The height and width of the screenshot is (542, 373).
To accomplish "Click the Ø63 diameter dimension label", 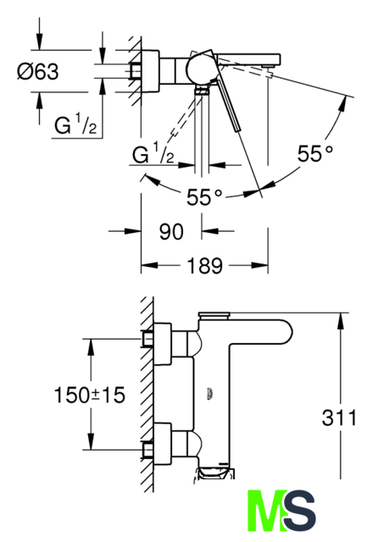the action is [38, 72].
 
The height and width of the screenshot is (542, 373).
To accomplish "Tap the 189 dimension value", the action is [205, 266].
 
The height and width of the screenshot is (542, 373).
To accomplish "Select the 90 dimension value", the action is [171, 231].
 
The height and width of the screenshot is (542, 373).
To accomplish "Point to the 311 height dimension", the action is [339, 418].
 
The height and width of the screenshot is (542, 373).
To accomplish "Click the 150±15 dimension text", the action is [90, 395].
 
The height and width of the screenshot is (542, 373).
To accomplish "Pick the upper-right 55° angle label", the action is [315, 153].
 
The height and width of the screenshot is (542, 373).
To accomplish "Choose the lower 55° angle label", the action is [204, 197].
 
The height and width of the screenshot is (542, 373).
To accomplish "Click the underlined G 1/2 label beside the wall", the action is [75, 124].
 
